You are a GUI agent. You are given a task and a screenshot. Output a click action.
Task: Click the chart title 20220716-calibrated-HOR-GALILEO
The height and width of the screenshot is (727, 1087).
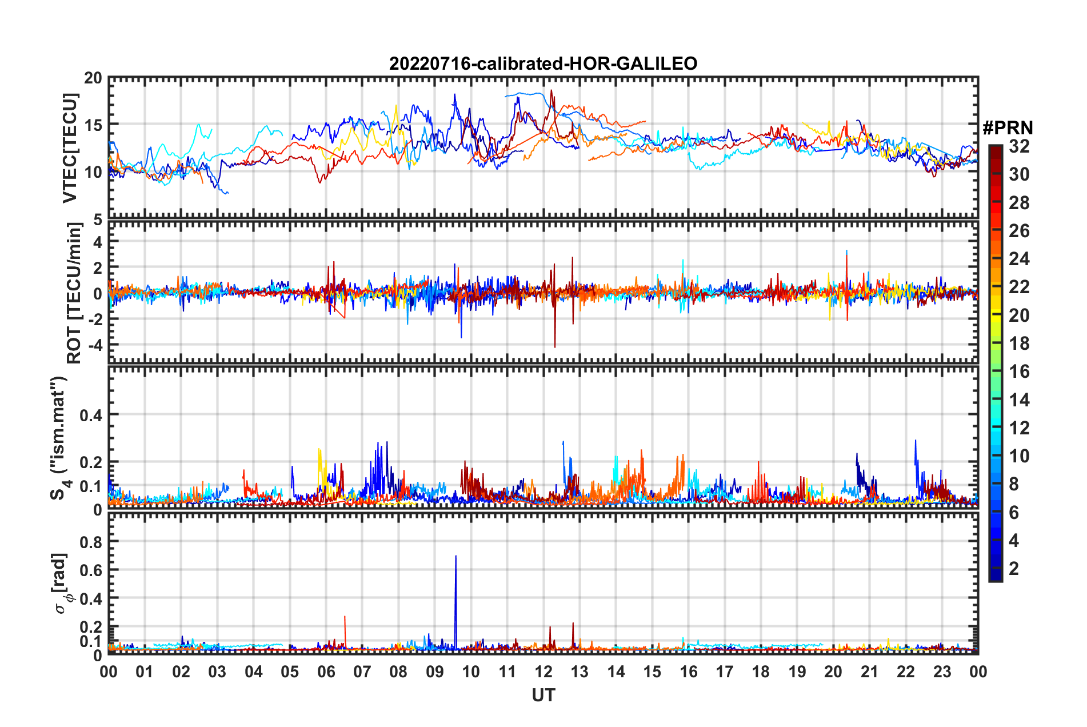click(543, 63)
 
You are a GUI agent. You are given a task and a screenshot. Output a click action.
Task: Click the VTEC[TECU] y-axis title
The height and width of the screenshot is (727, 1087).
click(70, 148)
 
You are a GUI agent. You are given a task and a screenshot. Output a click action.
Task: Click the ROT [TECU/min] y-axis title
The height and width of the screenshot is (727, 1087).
click(74, 293)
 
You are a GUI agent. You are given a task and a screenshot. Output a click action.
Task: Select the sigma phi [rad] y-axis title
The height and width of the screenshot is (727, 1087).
click(61, 583)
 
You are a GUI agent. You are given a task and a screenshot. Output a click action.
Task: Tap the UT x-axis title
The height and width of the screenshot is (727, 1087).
click(543, 695)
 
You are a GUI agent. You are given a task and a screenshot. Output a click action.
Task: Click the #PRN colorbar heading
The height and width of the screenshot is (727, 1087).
click(1008, 128)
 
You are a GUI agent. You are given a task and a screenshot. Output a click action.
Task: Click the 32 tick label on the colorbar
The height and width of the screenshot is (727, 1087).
click(1019, 146)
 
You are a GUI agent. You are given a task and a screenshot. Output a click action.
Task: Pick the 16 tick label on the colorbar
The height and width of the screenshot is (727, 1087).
click(1019, 372)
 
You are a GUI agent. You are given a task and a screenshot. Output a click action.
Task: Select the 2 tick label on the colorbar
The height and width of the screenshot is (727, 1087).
click(1014, 568)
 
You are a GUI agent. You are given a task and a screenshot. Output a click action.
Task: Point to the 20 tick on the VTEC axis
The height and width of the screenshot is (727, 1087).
click(93, 78)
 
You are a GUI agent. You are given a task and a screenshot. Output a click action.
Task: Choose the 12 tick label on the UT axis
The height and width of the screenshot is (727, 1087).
click(543, 672)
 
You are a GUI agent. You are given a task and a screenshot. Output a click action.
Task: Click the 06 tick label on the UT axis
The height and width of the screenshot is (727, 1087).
click(326, 672)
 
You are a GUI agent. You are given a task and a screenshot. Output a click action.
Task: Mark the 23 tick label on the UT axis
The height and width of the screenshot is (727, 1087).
click(942, 672)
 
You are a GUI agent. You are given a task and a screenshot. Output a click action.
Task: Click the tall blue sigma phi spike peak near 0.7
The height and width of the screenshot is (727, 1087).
click(455, 556)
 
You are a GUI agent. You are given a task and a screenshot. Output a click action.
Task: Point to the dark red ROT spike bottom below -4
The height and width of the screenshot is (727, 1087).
click(554, 346)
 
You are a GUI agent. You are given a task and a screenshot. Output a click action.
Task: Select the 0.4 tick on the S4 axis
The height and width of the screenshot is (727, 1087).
click(91, 415)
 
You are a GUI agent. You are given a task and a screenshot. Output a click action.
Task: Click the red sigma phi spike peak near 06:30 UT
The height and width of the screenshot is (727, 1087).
click(345, 617)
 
